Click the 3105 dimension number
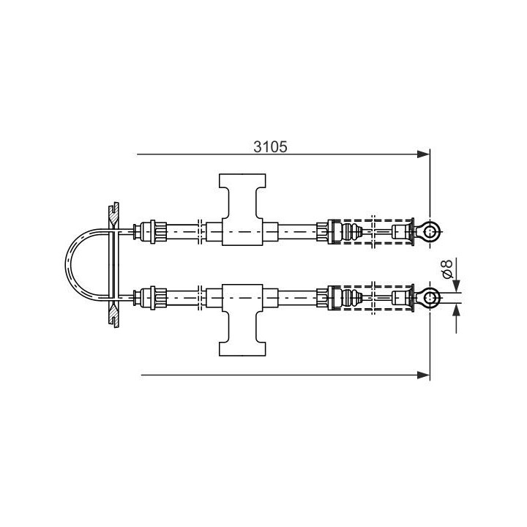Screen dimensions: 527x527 270,147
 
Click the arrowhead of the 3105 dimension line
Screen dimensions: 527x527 423,154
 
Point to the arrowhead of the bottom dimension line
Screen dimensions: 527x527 423,375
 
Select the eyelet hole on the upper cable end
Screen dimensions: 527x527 430,231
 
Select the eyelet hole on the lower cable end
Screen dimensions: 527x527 430,297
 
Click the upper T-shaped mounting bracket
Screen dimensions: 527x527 242,209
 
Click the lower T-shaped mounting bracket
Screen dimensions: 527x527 242,320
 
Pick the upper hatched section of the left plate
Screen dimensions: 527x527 113,216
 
